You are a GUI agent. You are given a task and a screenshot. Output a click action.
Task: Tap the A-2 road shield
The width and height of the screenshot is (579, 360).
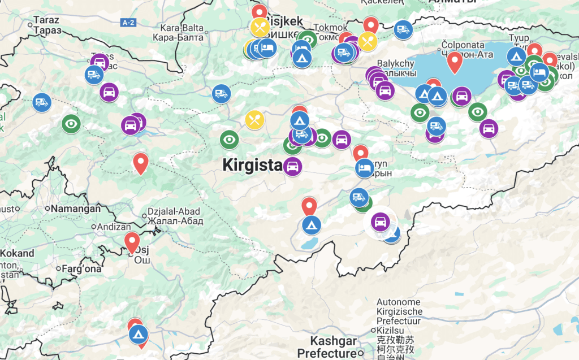coord(129,22)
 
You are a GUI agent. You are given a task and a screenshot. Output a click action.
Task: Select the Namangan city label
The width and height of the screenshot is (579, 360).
coord(75,209)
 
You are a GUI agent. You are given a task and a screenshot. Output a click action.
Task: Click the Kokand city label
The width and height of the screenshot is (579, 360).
coord(17,253)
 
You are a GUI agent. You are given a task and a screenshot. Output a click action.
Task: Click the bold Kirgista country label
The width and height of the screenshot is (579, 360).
coord(252,165)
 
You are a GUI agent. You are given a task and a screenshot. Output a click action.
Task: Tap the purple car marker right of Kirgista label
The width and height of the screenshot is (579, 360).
coord(292,167)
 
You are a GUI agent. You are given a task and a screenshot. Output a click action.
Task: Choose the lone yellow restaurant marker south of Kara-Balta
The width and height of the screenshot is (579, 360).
coord(254,119)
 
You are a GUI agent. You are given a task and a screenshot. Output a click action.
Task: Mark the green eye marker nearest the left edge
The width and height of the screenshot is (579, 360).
coord(71,123)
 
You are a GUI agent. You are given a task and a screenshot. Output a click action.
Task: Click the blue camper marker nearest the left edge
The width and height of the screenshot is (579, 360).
coord(41,102)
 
